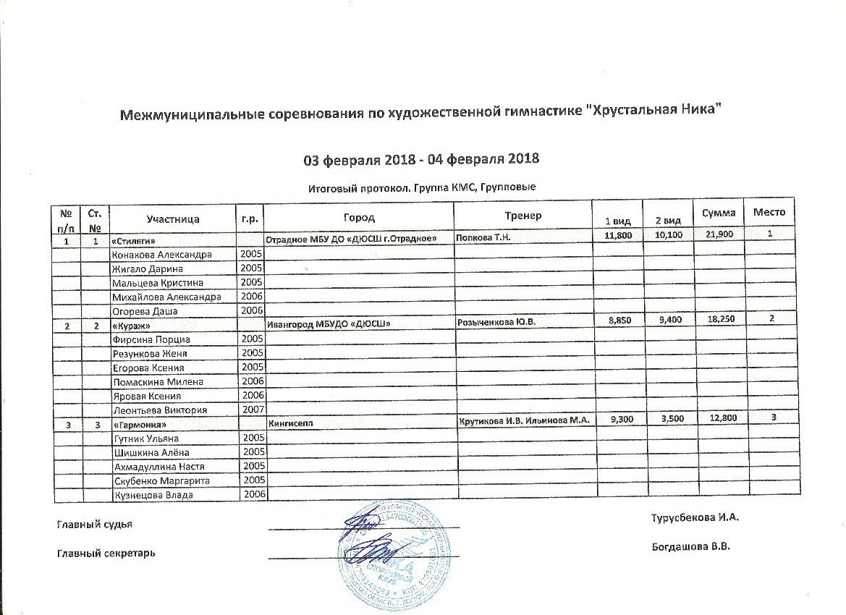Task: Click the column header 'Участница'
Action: [172, 217]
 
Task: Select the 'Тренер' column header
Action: [523, 216]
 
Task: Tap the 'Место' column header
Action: [769, 212]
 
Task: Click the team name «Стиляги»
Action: [135, 240]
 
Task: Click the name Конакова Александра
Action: [162, 255]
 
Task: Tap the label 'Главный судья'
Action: [94, 525]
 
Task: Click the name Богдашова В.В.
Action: [690, 547]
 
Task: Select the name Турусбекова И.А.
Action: [695, 518]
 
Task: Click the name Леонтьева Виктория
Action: [160, 410]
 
